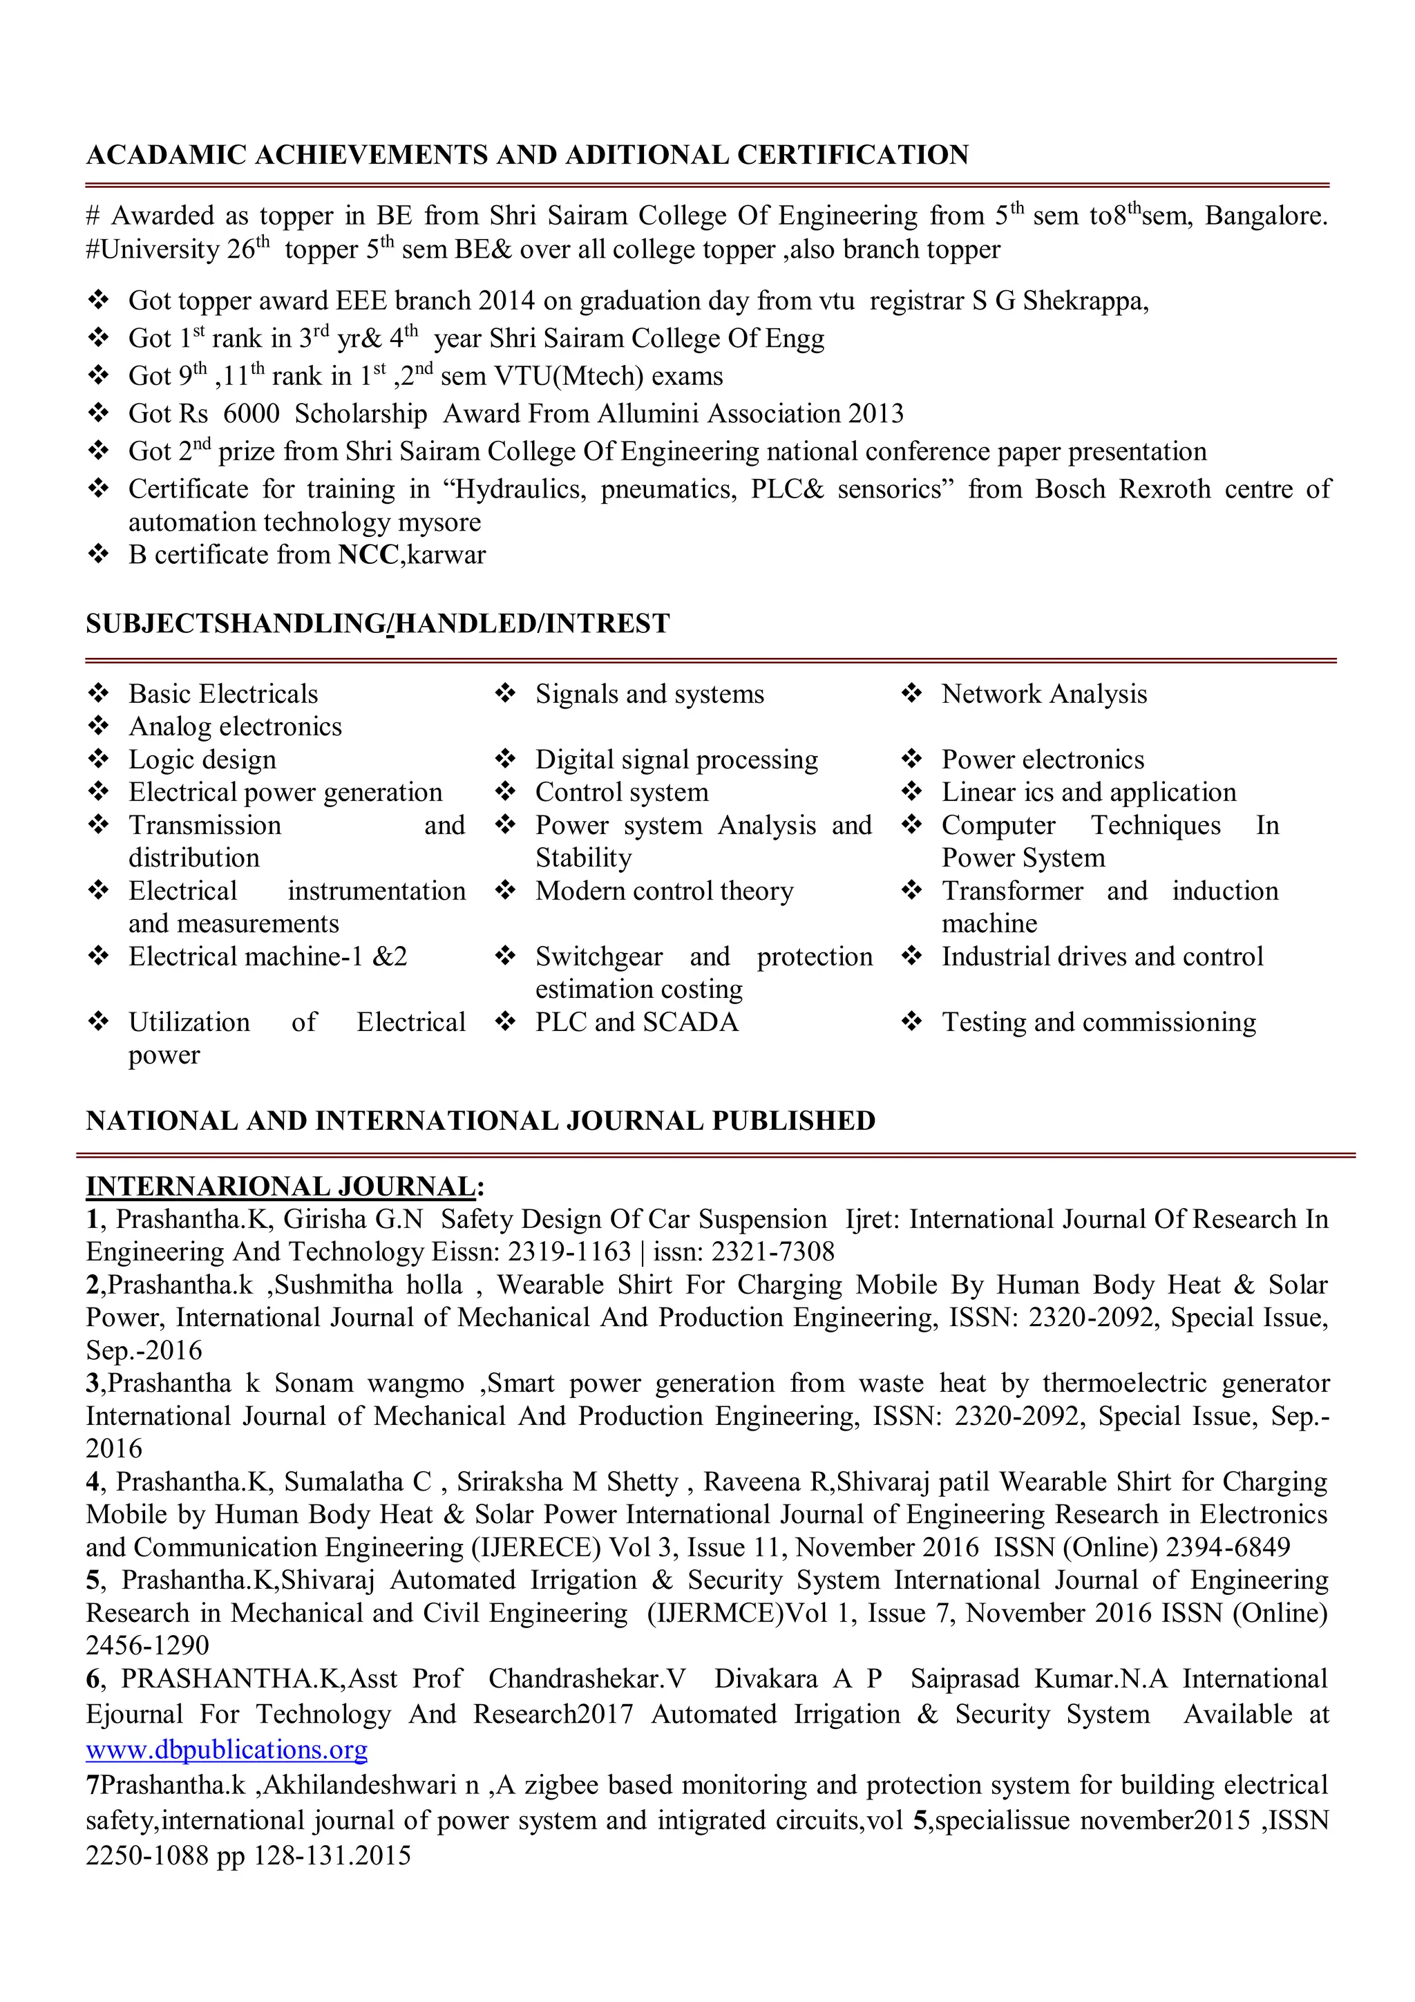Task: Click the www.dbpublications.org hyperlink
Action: [227, 1750]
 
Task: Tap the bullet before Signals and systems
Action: [505, 693]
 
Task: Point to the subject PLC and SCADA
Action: [636, 1022]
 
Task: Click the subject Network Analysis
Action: [1043, 694]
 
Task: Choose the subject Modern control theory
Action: [665, 891]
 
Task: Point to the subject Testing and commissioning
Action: [1099, 1022]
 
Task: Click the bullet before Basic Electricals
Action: [99, 693]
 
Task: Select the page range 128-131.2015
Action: [332, 1855]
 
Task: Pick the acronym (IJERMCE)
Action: [716, 1613]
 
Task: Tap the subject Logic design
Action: [202, 759]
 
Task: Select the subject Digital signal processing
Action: [676, 759]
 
